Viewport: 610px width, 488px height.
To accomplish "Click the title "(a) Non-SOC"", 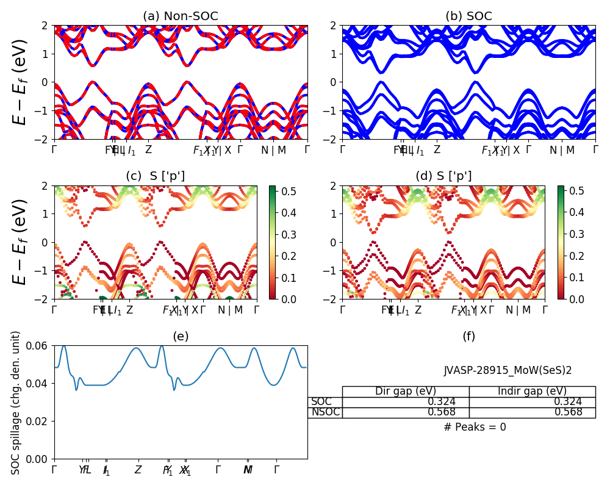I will (180, 16).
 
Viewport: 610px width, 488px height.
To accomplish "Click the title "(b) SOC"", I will (468, 16).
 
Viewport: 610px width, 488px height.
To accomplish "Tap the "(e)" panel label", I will (181, 336).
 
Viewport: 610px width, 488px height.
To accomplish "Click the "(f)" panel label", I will (468, 336).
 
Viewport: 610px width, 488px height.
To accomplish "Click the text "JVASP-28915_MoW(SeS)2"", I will (508, 370).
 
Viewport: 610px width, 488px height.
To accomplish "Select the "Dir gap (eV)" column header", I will (405, 392).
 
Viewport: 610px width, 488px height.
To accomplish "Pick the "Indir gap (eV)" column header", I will (532, 392).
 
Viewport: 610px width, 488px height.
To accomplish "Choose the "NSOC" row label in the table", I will (325, 412).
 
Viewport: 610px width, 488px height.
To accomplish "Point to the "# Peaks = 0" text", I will (475, 427).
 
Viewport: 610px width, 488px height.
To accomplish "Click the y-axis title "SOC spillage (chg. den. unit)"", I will (16, 403).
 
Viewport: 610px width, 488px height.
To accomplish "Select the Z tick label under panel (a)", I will (148, 150).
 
